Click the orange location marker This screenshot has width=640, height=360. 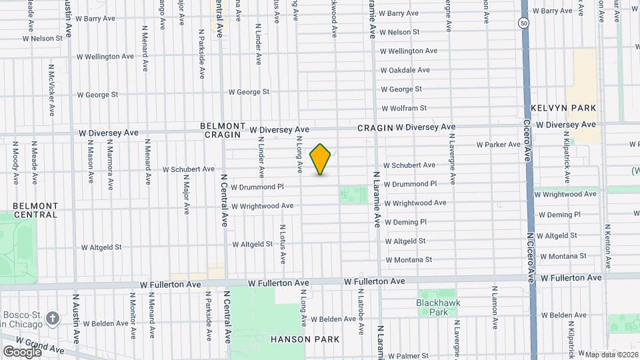coord(321,159)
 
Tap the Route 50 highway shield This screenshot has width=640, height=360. coord(524,23)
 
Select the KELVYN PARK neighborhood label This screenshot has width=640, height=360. coord(563,108)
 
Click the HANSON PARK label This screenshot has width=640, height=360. coord(305,339)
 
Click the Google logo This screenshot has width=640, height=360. coord(22,351)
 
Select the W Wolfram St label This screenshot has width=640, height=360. coord(403,108)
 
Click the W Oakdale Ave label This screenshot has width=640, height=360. coord(405,70)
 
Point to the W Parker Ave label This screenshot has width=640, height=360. coord(498,145)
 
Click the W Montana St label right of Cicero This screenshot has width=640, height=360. coord(563,256)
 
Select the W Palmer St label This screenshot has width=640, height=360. coord(408,356)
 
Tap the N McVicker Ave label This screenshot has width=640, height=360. coord(51,90)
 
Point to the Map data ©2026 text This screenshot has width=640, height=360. coord(609,355)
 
